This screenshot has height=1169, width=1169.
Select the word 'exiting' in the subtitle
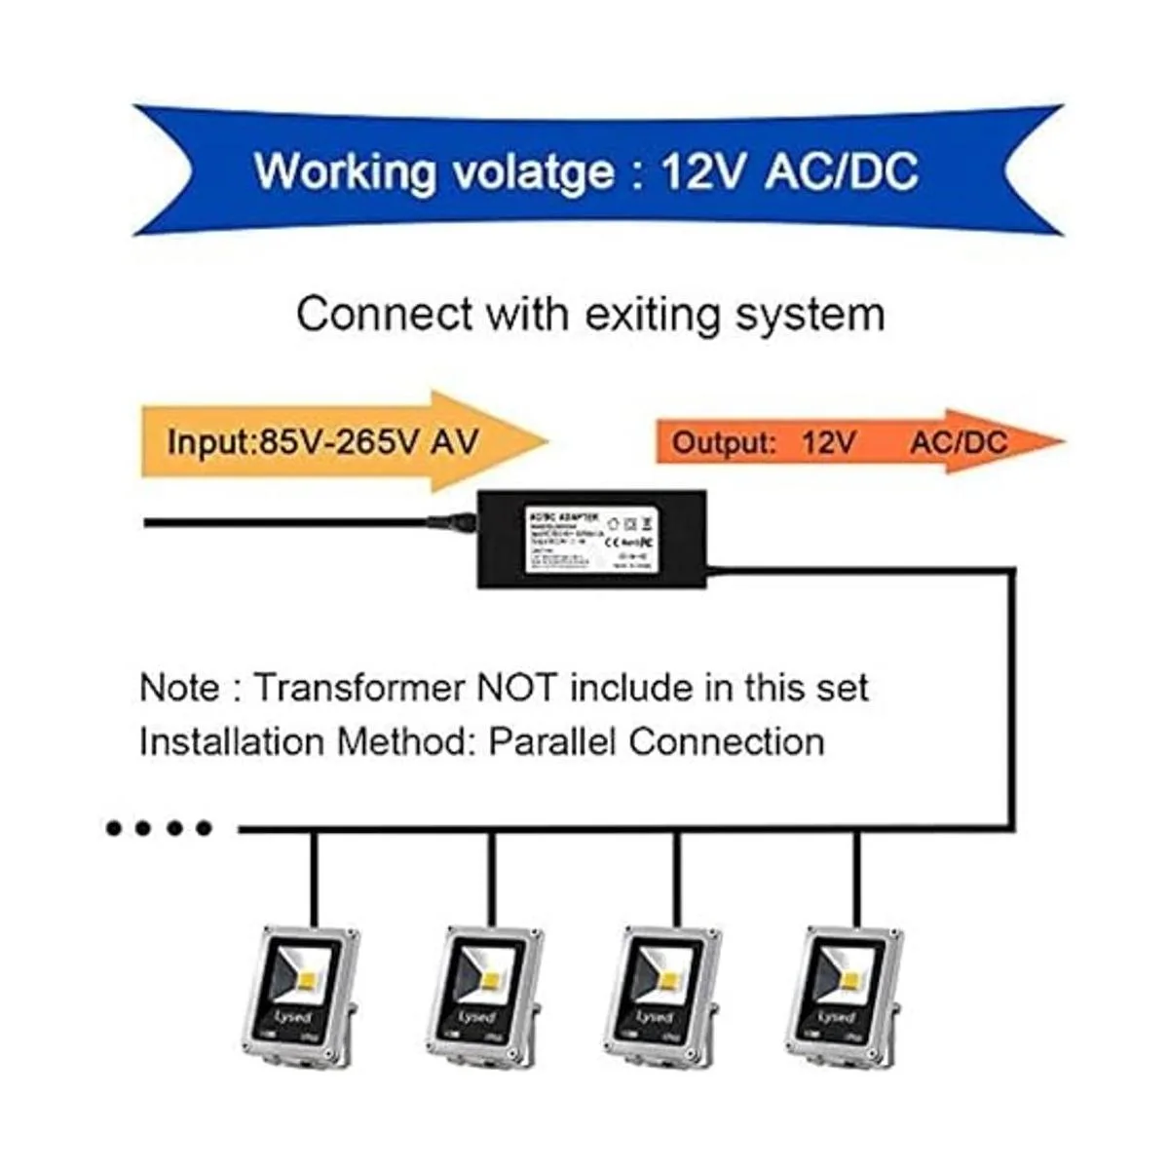(x=654, y=315)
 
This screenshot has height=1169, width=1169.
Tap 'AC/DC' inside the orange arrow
(x=959, y=442)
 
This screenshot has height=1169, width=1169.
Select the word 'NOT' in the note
(x=516, y=688)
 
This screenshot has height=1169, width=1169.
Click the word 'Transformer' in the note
(x=359, y=688)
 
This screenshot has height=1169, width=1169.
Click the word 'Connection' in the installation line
(x=727, y=741)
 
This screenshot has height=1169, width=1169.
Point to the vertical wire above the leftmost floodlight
(x=313, y=877)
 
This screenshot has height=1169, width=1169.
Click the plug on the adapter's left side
(x=452, y=522)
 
